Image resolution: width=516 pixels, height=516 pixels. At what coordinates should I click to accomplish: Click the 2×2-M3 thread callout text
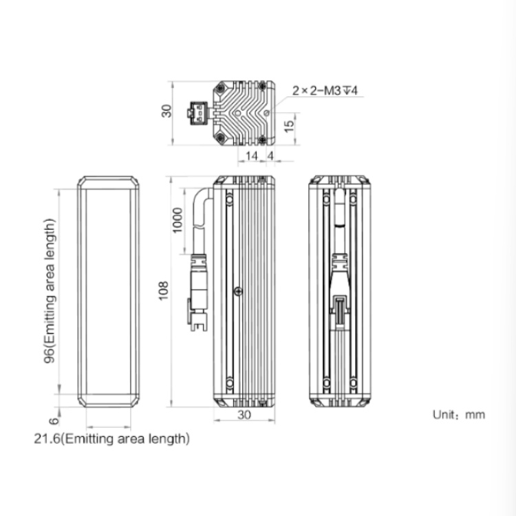[x=325, y=91]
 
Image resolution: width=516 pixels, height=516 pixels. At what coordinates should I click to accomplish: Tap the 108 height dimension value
[x=164, y=290]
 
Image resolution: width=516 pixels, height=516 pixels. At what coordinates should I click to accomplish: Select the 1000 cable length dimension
[x=177, y=220]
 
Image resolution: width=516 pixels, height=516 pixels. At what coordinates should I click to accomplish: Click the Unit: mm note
[x=459, y=415]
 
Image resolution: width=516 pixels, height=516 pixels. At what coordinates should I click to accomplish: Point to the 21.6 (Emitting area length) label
[x=111, y=439]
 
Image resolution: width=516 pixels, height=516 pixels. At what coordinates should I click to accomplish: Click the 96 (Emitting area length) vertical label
[x=50, y=291]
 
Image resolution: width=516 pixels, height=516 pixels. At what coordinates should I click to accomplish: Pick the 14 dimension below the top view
[x=252, y=156]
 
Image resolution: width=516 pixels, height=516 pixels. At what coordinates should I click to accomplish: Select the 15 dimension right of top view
[x=288, y=127]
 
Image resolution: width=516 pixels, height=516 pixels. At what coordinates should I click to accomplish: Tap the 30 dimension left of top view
[x=166, y=111]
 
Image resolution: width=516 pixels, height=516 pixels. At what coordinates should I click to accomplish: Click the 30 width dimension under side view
[x=244, y=415]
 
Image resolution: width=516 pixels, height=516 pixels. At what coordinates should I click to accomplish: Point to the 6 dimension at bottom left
[x=54, y=420]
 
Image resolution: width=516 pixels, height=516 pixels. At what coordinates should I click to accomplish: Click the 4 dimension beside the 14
[x=270, y=156]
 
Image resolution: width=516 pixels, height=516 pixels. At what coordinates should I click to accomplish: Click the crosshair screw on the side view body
[x=238, y=291]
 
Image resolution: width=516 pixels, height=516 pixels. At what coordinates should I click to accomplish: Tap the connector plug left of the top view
[x=197, y=114]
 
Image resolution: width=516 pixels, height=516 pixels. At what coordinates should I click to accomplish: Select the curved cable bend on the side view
[x=202, y=204]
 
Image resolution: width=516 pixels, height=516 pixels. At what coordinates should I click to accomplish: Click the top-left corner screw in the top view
[x=220, y=88]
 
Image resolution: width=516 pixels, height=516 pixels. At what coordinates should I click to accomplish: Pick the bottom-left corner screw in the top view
[x=220, y=138]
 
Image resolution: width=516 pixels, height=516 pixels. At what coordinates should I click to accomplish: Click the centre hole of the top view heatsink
[x=237, y=114]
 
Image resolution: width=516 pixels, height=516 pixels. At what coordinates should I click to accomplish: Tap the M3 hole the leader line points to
[x=266, y=114]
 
